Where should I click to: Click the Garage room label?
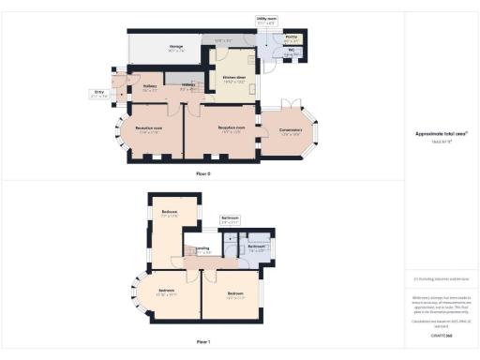tap(175, 46)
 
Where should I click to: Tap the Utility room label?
tap(266, 18)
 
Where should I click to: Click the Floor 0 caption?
tap(203, 174)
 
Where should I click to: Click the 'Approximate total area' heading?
tap(441, 133)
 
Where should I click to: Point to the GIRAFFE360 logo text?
tap(441, 335)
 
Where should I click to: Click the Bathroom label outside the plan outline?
tap(230, 218)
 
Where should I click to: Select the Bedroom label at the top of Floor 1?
tap(170, 213)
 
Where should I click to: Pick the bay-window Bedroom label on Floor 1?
tap(165, 292)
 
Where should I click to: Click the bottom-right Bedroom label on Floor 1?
tap(236, 294)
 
